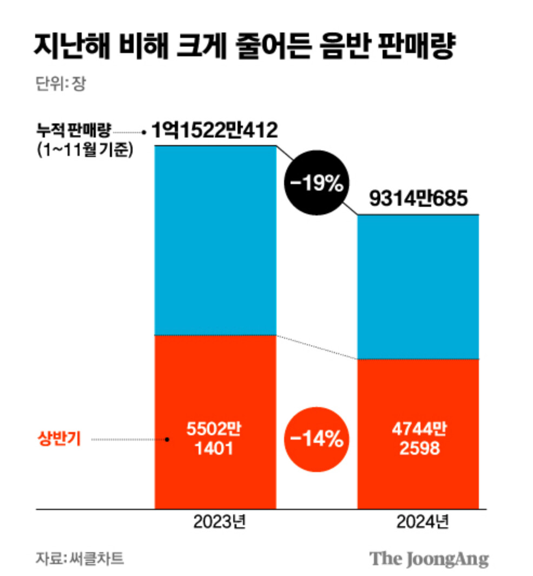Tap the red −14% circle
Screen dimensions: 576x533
[x=317, y=440]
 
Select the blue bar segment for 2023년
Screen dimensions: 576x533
[x=215, y=240]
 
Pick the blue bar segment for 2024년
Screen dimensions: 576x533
[x=418, y=287]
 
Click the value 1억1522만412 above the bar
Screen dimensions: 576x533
[x=214, y=130]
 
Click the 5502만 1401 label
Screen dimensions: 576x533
[x=214, y=439]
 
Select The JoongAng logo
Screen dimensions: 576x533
[x=429, y=559]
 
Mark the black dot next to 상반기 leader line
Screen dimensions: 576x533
[x=167, y=440]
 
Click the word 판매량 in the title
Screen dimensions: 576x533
[x=424, y=47]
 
